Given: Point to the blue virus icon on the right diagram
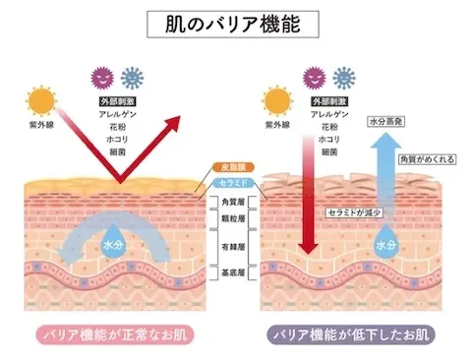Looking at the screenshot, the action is coord(343,78).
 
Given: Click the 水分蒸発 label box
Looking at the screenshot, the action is coord(386,124).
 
